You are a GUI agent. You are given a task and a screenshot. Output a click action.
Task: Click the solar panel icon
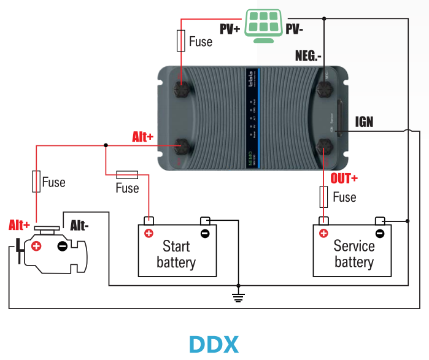pyautogui.click(x=265, y=25)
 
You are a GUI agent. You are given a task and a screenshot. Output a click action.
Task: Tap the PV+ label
pyautogui.click(x=230, y=28)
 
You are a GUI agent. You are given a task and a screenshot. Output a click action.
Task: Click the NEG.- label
pyautogui.click(x=308, y=56)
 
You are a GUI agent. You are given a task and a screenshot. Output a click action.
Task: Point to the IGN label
pyautogui.click(x=364, y=122)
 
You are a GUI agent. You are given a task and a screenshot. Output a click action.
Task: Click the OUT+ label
pyautogui.click(x=344, y=179)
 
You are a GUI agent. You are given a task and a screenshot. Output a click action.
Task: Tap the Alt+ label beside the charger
pyautogui.click(x=142, y=137)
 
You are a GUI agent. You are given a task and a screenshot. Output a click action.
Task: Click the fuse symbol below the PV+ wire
pyautogui.click(x=181, y=41)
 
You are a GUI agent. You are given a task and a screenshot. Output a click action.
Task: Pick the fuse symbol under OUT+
pyautogui.click(x=323, y=197)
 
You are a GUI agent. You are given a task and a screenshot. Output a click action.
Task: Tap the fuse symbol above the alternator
pyautogui.click(x=36, y=182)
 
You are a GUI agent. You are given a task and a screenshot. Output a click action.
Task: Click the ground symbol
pyautogui.click(x=239, y=297)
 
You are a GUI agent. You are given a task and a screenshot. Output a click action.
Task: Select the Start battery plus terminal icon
pyautogui.click(x=148, y=233)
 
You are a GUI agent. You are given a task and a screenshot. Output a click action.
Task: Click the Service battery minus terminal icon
pyautogui.click(x=380, y=233)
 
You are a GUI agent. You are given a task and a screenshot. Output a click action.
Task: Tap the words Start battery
pyautogui.click(x=176, y=255)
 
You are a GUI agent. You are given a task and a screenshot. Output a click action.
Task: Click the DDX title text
pyautogui.click(x=214, y=344)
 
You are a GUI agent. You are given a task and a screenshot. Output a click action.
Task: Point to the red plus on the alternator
pyautogui.click(x=36, y=247)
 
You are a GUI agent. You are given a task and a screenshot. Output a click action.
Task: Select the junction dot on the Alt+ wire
pyautogui.click(x=106, y=145)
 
